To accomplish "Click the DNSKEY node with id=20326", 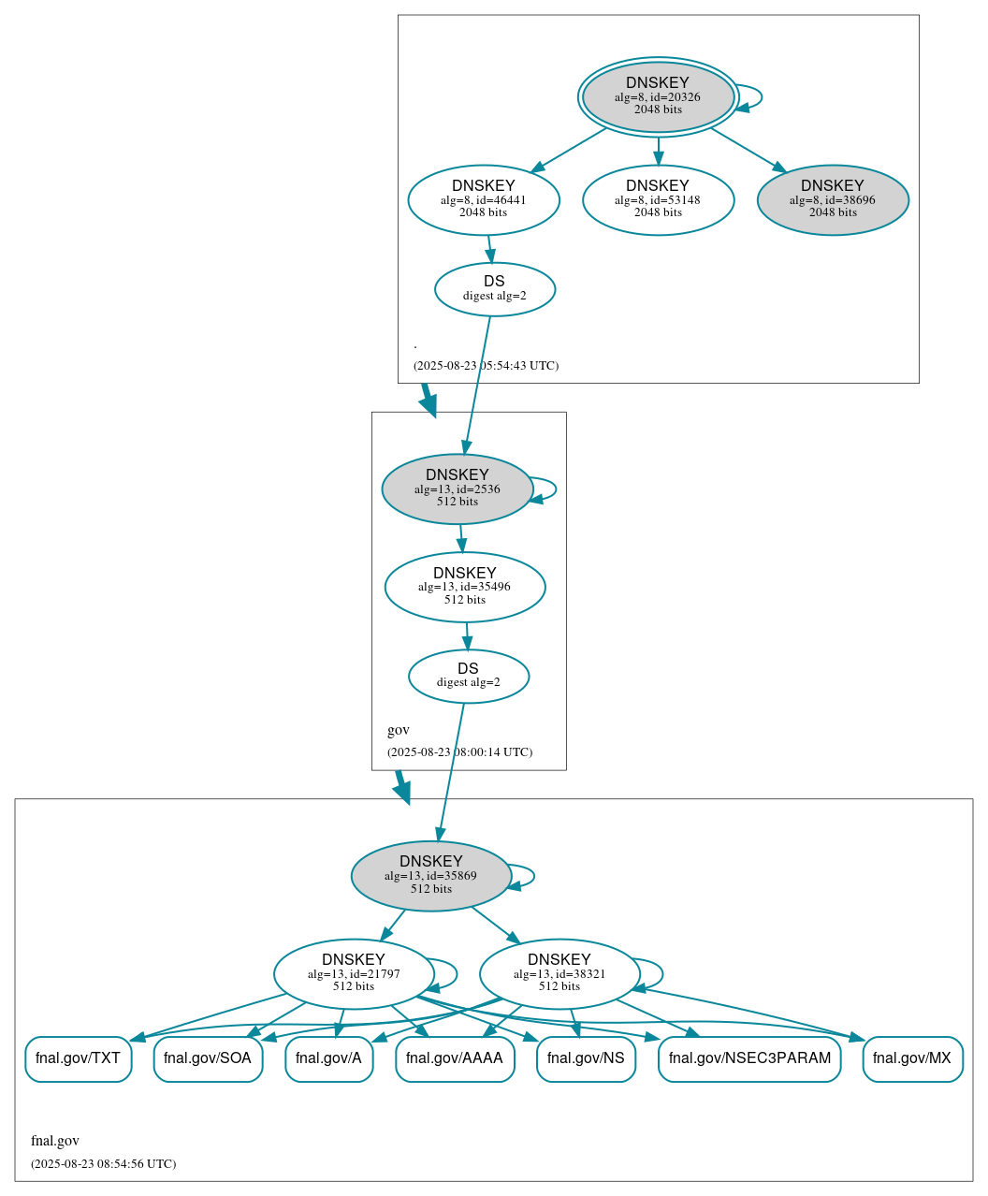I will [x=658, y=97].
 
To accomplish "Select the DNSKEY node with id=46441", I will [x=484, y=199].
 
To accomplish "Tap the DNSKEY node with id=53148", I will [x=658, y=199].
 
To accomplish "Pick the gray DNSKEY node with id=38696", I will [x=833, y=199].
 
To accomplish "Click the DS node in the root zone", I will [x=495, y=289].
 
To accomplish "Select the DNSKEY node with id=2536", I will [x=458, y=489].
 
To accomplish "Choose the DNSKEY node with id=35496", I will [x=465, y=587].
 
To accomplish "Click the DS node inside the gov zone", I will [x=469, y=676].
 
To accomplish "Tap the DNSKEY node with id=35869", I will [x=431, y=876].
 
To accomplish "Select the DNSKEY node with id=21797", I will [x=354, y=974].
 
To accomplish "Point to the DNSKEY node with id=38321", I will [x=559, y=974].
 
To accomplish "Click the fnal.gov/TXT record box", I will [x=78, y=1058].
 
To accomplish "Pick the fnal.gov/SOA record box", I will [x=208, y=1058].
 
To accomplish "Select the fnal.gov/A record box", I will [x=328, y=1058].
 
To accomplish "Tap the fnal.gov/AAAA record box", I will [x=455, y=1058].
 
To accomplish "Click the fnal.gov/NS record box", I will [x=586, y=1058].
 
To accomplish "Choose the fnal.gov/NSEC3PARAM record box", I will [x=749, y=1058].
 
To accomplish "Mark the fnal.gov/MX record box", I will [x=912, y=1058].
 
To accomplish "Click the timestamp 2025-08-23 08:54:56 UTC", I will [x=103, y=1164].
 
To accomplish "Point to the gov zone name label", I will [x=399, y=730].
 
